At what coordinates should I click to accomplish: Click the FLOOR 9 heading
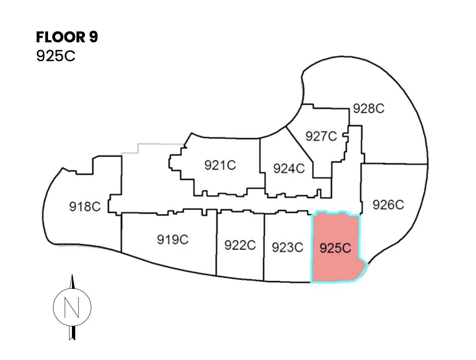(x=67, y=37)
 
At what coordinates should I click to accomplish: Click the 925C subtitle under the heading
(x=55, y=56)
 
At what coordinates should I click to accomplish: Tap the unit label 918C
(x=85, y=206)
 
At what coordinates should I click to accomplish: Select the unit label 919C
(x=173, y=239)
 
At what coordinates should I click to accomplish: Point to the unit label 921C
(x=220, y=165)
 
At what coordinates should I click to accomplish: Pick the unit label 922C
(x=240, y=245)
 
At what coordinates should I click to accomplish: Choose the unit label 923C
(x=287, y=247)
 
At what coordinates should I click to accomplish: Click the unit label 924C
(x=289, y=168)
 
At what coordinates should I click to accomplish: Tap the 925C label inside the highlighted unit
(x=335, y=249)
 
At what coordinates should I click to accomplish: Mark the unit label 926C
(x=388, y=204)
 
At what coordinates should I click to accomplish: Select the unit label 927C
(x=321, y=136)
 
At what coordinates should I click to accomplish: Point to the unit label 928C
(x=368, y=109)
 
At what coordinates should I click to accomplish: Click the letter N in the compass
(x=72, y=307)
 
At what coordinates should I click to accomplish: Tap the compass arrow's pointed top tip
(x=72, y=276)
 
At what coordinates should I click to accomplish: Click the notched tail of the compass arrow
(x=72, y=337)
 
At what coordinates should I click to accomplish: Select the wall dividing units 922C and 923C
(x=264, y=247)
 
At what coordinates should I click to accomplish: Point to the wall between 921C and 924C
(x=260, y=156)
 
